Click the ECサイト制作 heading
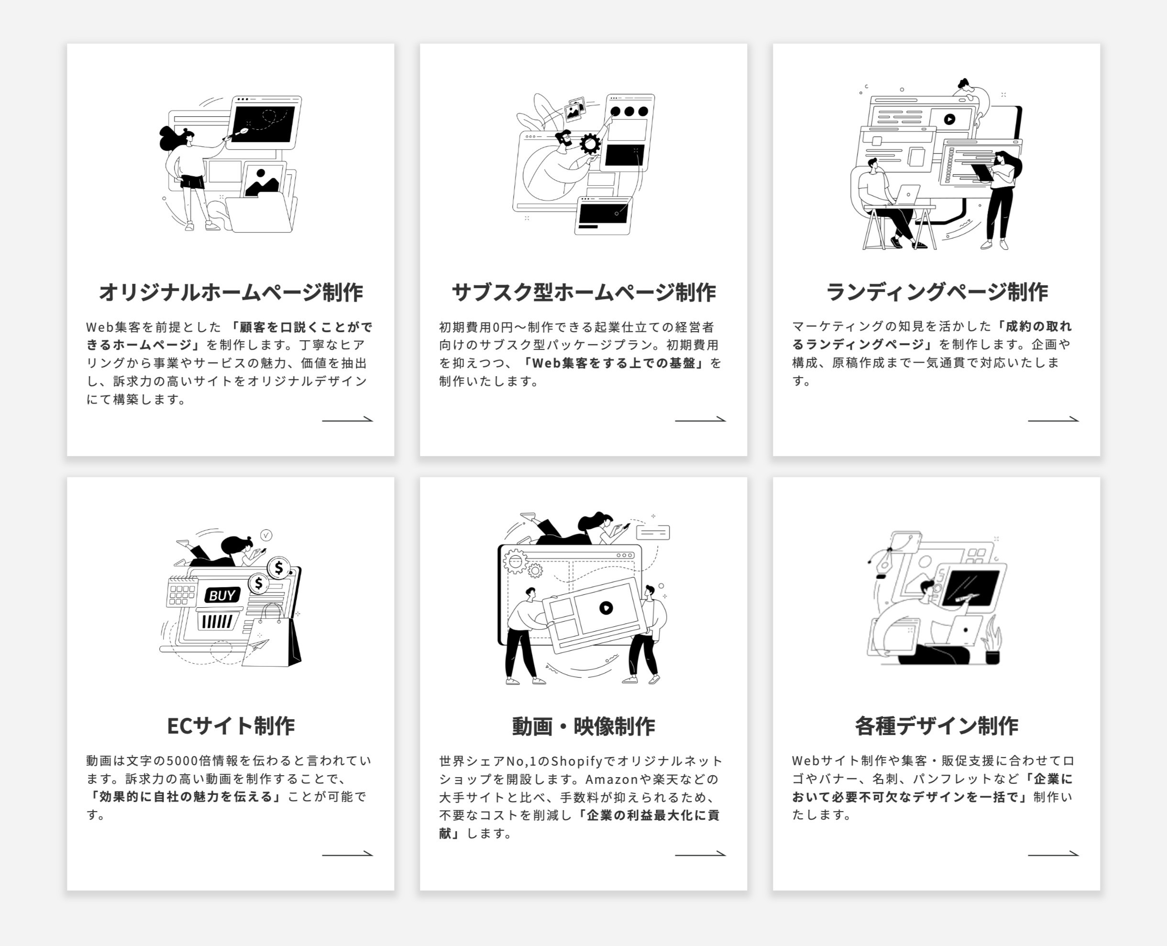[x=231, y=726]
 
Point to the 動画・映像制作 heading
[x=583, y=726]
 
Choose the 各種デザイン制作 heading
[x=936, y=726]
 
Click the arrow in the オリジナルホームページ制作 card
[x=347, y=420]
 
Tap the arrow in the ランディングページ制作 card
[x=1053, y=420]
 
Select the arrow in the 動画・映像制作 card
[x=700, y=854]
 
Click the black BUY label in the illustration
[x=222, y=595]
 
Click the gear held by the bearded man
[x=590, y=145]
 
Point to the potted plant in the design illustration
[x=993, y=643]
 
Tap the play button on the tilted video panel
[x=606, y=608]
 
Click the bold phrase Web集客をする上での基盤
[x=614, y=363]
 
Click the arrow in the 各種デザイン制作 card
[x=1053, y=854]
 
